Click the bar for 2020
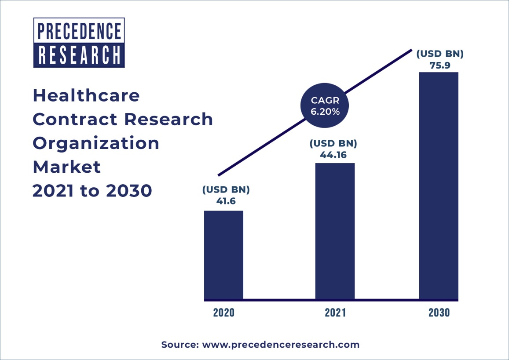223,255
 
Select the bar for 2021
335,231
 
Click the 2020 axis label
224,313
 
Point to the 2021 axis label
335,313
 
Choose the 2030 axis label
439,313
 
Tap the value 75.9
440,65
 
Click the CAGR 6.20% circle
325,106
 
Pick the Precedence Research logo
79,43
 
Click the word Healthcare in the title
86,95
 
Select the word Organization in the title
96,143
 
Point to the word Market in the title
67,167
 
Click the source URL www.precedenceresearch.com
280,345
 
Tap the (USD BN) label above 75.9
440,55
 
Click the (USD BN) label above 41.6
226,190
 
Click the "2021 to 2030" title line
92,191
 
